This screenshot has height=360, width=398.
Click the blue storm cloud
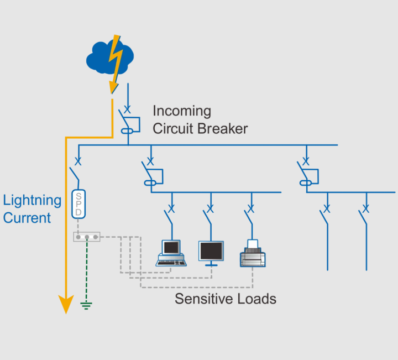109,58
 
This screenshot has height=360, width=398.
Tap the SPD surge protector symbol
78,204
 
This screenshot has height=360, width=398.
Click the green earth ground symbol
86,306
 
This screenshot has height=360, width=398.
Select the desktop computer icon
171,253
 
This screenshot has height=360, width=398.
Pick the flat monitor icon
211,253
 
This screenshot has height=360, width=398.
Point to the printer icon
253,253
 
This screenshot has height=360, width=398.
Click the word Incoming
182,111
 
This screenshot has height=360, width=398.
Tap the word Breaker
223,128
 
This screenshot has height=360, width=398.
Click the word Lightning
32,201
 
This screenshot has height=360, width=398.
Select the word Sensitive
204,299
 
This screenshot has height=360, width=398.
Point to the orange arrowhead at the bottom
66,304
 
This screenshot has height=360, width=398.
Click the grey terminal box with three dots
87,237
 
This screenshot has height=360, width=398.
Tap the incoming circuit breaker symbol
129,121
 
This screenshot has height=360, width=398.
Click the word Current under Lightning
27,218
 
